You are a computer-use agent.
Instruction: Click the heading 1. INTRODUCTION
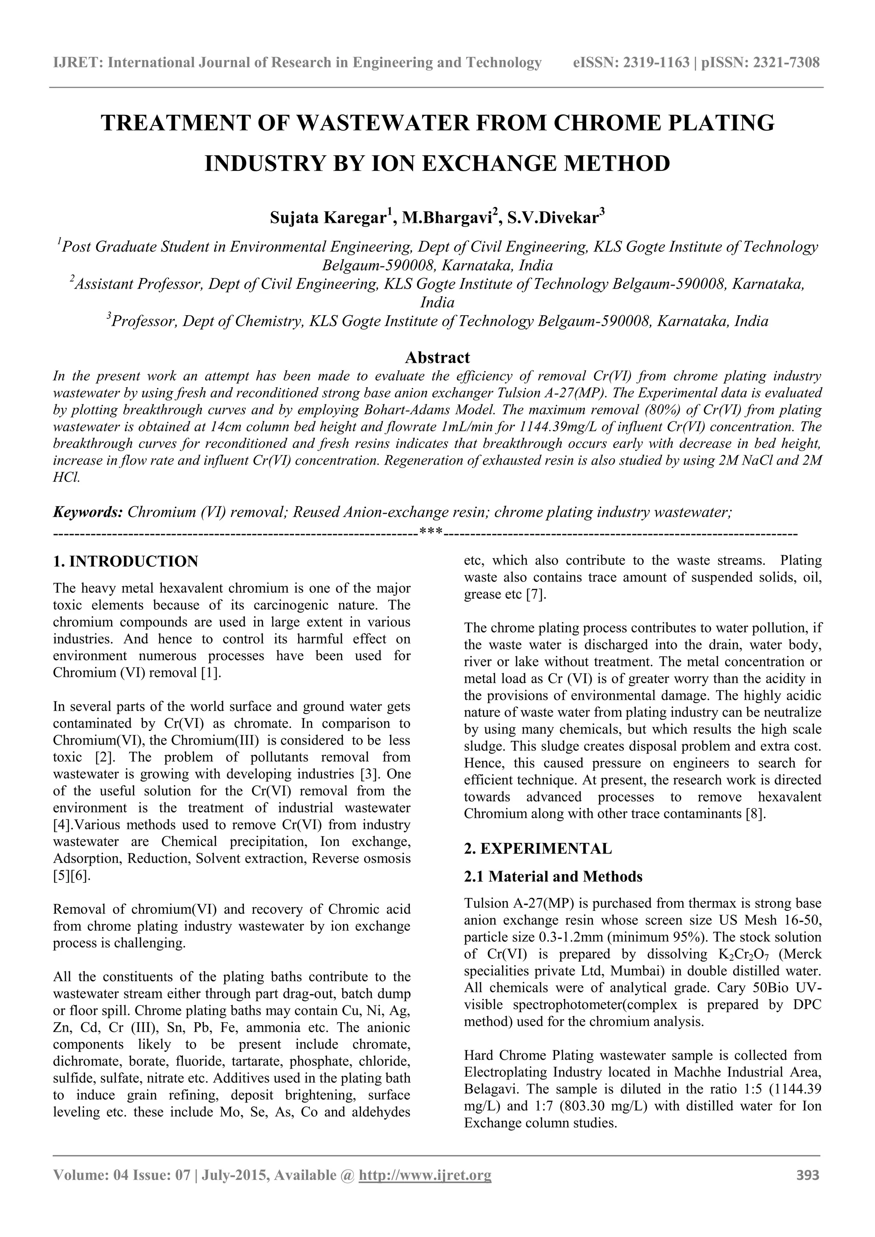[x=126, y=561]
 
